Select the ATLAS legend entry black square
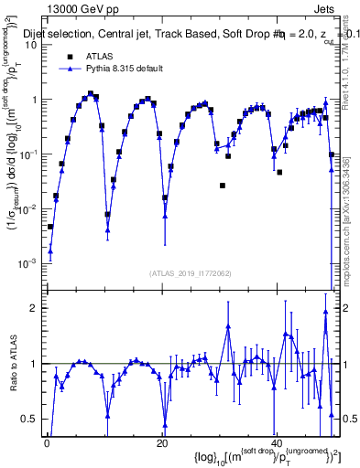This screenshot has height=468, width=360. (70, 56)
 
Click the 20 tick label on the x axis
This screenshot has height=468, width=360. (162, 443)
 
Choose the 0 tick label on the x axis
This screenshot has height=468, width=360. (47, 443)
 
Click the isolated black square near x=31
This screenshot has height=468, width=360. (223, 186)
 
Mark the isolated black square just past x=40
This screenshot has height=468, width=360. (279, 172)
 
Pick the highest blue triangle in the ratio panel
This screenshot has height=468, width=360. (325, 312)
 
